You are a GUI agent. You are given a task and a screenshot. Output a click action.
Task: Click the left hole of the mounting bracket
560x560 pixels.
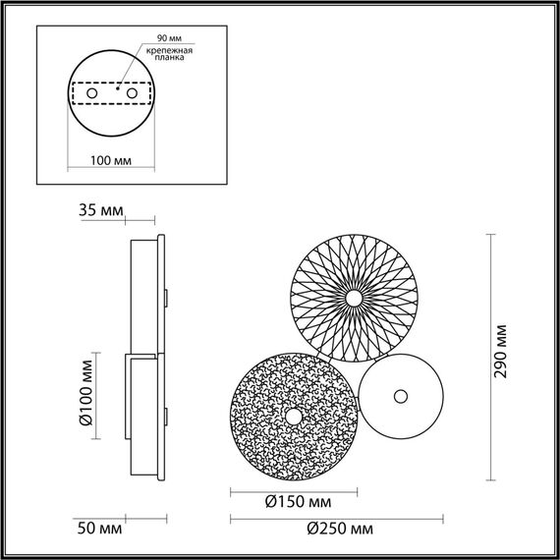click(x=92, y=92)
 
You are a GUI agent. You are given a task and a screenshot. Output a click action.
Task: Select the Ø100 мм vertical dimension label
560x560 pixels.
click(x=85, y=391)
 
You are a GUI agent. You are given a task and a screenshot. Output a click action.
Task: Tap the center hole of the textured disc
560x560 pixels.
click(x=293, y=418)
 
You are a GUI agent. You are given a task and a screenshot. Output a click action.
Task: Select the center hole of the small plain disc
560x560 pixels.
click(x=400, y=396)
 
